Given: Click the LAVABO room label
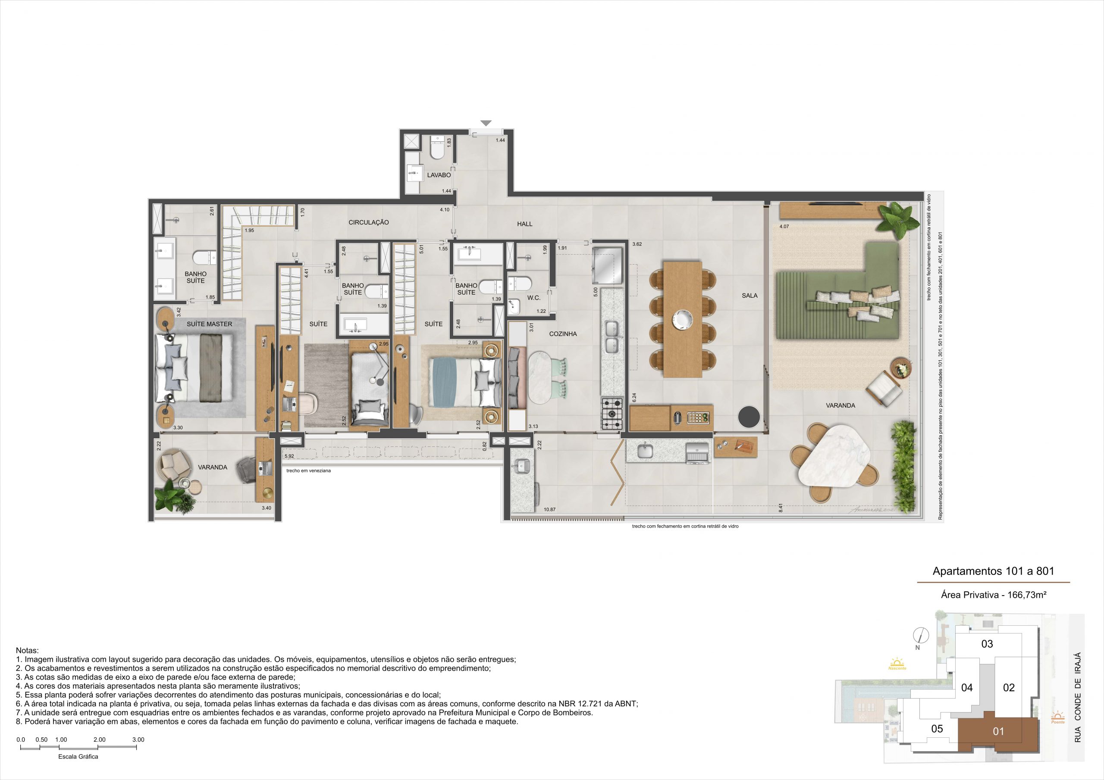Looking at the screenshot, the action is tap(439, 175).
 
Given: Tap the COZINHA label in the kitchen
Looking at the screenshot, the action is tap(563, 334).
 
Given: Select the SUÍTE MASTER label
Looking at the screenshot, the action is tap(209, 324).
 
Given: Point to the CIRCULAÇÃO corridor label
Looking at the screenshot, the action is tap(369, 222).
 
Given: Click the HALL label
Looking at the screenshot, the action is tap(524, 224).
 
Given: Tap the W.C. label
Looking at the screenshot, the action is tap(534, 298).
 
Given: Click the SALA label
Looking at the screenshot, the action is tap(750, 296).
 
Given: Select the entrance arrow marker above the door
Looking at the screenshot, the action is tap(486, 123).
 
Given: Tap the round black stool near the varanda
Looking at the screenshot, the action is tap(749, 417).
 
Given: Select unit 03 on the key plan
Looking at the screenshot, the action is tap(987, 643).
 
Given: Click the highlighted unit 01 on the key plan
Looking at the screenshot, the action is tap(999, 731).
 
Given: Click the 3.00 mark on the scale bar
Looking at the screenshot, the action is tap(138, 739).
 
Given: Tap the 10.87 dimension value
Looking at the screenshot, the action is tap(549, 509).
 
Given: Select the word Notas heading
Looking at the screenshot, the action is tap(28, 650).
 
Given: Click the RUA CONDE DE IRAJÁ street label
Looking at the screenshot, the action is tap(1078, 697).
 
